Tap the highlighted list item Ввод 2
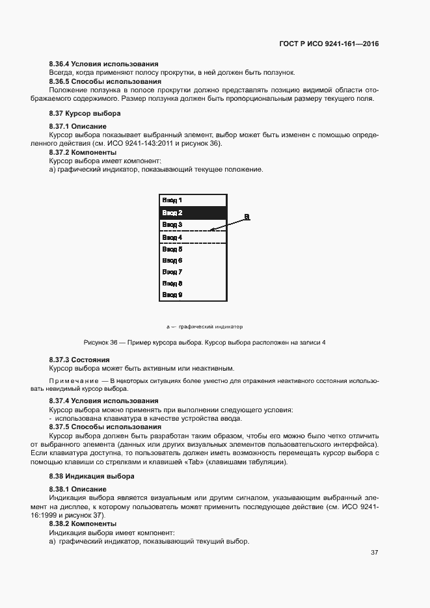(x=172, y=213)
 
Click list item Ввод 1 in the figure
(x=172, y=200)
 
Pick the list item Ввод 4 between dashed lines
(x=172, y=237)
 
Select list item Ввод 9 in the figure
(x=172, y=295)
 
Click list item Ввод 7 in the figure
(x=172, y=271)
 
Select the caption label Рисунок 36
(x=100, y=342)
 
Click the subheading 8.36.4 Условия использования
(x=104, y=64)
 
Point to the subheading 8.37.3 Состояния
(x=79, y=360)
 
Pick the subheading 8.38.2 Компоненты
(x=83, y=523)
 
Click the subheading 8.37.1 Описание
(x=78, y=126)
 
